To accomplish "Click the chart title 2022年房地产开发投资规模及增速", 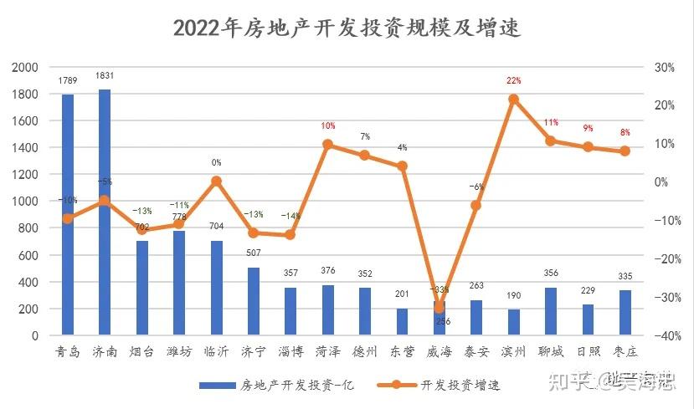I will (347, 28).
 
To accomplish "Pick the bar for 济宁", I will (254, 301).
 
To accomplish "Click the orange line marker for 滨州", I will (514, 100).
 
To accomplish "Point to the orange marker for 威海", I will (440, 308).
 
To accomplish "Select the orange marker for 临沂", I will (216, 181).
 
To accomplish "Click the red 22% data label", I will (514, 81).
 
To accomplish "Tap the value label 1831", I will (105, 76).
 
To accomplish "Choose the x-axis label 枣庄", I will (625, 351).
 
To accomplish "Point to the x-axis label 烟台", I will (141, 351).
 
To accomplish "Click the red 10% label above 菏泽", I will (328, 126).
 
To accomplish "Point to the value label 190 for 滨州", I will (514, 296).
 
